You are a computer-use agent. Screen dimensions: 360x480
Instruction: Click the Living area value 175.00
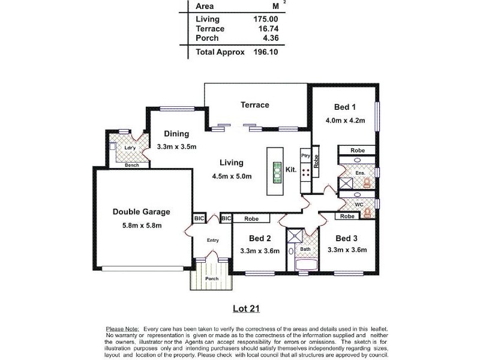265,19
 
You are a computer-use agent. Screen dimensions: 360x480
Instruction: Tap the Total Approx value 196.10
265,52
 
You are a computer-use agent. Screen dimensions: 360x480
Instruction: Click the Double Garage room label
142,212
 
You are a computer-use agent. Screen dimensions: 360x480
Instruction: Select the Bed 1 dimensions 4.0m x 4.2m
345,120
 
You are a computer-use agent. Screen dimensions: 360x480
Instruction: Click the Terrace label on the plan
255,105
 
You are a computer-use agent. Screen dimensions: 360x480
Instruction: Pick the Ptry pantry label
305,154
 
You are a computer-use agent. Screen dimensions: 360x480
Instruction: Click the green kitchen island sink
277,173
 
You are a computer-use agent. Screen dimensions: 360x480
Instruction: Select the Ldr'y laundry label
129,148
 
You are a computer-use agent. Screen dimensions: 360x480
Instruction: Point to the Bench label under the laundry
132,165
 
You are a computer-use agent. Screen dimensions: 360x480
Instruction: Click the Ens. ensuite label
360,173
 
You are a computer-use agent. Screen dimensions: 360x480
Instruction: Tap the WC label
359,205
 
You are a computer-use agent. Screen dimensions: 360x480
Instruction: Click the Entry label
212,241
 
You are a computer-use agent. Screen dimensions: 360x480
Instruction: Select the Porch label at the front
211,278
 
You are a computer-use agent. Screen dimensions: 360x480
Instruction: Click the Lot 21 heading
246,309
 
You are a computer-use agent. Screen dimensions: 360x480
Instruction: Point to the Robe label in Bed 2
251,219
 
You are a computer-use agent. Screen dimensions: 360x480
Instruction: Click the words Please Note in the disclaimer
122,329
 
